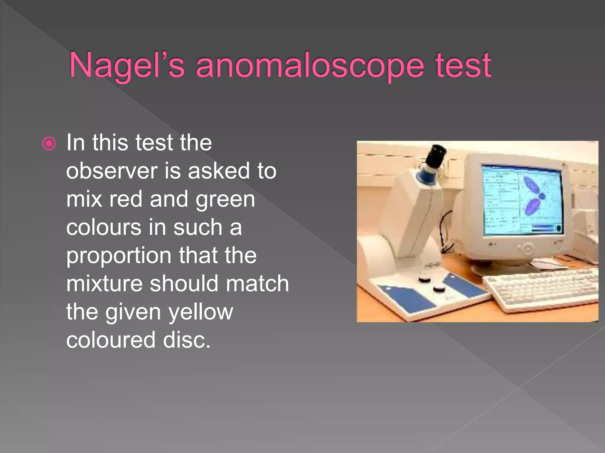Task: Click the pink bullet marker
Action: pyautogui.click(x=49, y=144)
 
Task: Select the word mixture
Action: pyautogui.click(x=104, y=284)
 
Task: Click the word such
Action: pyautogui.click(x=198, y=228)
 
